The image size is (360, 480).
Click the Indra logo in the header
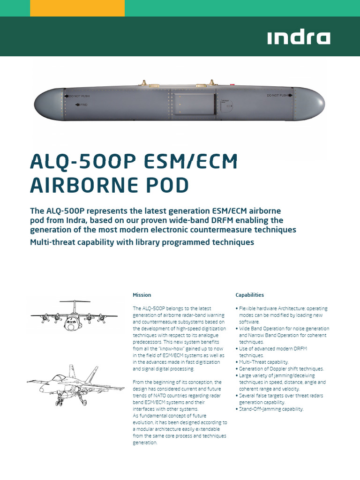coord(299,37)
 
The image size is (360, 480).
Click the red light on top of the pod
coord(232,84)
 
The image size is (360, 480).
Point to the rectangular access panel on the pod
coord(192,104)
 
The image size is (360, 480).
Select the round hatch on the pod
coord(227,107)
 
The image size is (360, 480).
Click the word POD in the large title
coord(167,185)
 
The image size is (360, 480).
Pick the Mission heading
coord(142,295)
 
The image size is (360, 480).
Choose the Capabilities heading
coord(249,295)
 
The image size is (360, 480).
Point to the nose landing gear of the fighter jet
coord(60,401)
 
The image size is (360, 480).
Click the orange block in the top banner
coord(77,8)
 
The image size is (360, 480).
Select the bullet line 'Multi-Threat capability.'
coord(264,362)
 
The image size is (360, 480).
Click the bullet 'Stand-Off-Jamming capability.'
coord(271,409)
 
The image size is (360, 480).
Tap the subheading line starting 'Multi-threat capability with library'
coord(142,242)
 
